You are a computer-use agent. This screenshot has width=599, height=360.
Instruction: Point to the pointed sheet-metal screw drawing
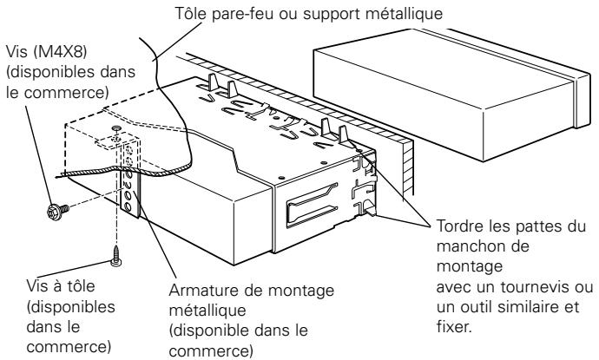coord(115,254)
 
